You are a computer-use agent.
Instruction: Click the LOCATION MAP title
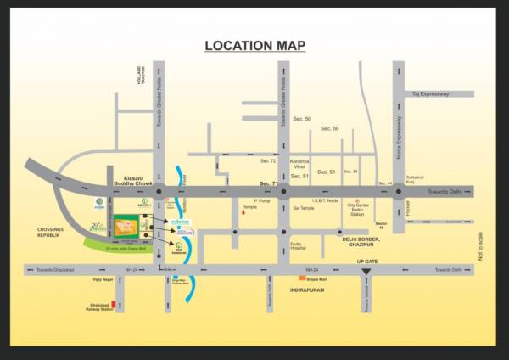[255, 46]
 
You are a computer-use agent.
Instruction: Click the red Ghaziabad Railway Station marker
[113, 303]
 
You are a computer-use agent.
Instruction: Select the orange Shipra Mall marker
[300, 278]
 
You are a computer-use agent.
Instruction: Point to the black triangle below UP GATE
[366, 273]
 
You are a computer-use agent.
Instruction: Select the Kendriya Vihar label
[299, 162]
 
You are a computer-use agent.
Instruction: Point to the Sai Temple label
[304, 207]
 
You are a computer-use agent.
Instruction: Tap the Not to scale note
[480, 246]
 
